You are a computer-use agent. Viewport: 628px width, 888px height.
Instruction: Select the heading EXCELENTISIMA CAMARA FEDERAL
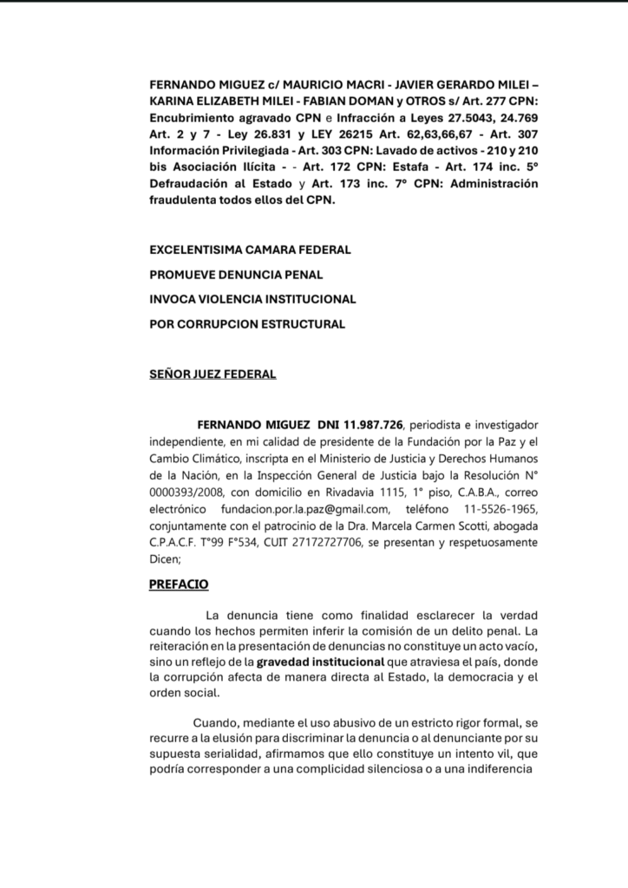point(250,250)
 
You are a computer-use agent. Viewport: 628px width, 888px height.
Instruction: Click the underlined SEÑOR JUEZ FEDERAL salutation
point(213,375)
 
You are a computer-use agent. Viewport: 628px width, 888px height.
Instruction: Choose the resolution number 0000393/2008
point(188,493)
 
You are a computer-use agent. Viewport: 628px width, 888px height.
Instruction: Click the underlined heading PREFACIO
point(180,584)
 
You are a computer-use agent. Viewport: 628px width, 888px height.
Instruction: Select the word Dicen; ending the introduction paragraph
point(167,559)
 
